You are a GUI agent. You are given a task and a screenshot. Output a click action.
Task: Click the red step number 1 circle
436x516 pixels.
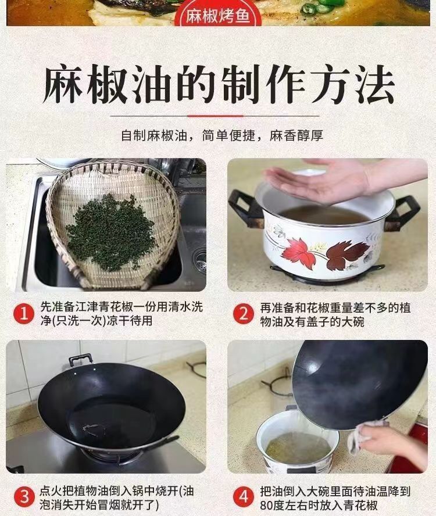[x=24, y=314]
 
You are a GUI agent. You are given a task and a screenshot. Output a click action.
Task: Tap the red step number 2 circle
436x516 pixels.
[x=244, y=314]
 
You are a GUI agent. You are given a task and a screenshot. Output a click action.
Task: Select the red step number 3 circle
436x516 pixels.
[x=24, y=497]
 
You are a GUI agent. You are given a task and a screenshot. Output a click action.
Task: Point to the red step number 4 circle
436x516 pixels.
[x=244, y=497]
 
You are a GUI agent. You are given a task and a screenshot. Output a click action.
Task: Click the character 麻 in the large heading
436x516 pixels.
[x=63, y=84]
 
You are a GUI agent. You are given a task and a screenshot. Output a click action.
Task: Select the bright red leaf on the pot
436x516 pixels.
[x=299, y=252]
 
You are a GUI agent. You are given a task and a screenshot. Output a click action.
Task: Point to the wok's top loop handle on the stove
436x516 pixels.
[x=80, y=359]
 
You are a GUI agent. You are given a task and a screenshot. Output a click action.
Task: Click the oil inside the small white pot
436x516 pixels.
[x=298, y=447]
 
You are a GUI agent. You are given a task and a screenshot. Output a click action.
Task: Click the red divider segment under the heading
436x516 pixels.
[x=215, y=116]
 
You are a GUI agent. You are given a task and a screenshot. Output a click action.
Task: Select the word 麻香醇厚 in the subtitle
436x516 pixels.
[x=296, y=135]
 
